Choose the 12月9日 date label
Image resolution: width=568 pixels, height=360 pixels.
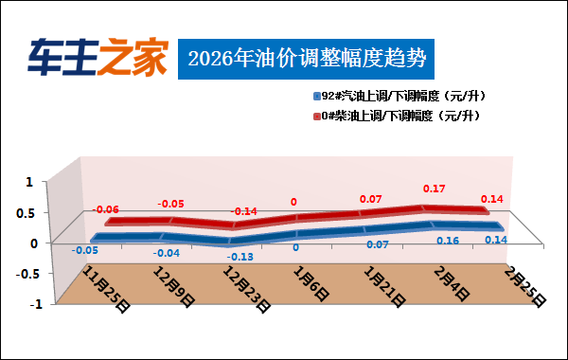[x=174, y=287]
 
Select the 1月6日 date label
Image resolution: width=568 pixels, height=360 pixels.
[x=312, y=285]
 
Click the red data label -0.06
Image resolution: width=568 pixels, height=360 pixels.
[x=106, y=209]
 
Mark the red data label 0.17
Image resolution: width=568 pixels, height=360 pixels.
[x=435, y=189]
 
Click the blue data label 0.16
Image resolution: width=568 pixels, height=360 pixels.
[x=449, y=241]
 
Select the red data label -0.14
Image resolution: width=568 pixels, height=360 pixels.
[x=246, y=211]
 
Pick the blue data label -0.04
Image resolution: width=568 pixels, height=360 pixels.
[x=167, y=253]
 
